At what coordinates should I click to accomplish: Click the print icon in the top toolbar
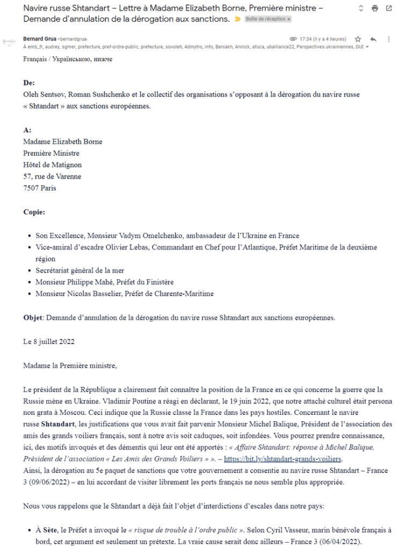(x=375, y=9)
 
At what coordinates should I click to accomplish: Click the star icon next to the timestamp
(x=358, y=39)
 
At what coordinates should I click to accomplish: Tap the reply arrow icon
(x=373, y=39)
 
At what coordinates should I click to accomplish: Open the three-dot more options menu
(x=388, y=39)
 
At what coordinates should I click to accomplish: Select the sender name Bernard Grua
(x=40, y=39)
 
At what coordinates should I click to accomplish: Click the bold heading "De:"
(x=29, y=83)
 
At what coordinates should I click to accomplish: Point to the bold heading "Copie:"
(x=34, y=211)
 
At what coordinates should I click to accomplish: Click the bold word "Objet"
(x=33, y=317)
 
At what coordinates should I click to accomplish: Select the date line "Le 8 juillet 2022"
(x=49, y=341)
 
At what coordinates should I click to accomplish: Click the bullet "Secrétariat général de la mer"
(x=80, y=270)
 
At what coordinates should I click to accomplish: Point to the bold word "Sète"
(x=50, y=514)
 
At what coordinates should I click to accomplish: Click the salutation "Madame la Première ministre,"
(x=70, y=365)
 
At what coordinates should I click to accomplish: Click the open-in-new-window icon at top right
(x=389, y=9)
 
